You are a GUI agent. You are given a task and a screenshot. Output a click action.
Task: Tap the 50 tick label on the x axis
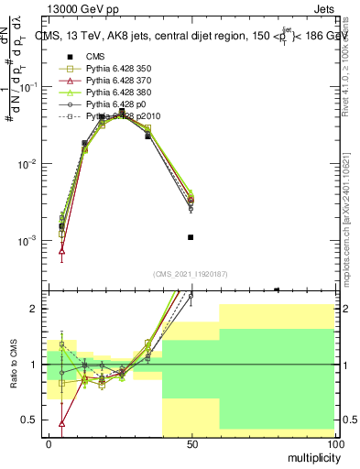pyautogui.click(x=191, y=444)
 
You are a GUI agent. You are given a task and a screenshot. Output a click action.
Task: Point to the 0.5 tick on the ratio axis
pyautogui.click(x=29, y=420)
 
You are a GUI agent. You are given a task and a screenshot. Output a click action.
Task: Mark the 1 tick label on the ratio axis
pyautogui.click(x=34, y=365)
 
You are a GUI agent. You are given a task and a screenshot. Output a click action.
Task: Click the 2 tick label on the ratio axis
pyautogui.click(x=34, y=309)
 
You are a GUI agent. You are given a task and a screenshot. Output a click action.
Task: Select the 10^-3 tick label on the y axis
pyautogui.click(x=25, y=241)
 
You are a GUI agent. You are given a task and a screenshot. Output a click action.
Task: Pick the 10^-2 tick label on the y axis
pyautogui.click(x=25, y=164)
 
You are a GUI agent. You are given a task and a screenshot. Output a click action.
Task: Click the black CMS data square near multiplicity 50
pyautogui.click(x=191, y=237)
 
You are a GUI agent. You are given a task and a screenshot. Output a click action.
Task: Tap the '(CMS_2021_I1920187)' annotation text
pyautogui.click(x=191, y=274)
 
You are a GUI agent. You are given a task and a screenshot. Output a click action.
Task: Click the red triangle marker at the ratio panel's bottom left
pyautogui.click(x=62, y=423)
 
